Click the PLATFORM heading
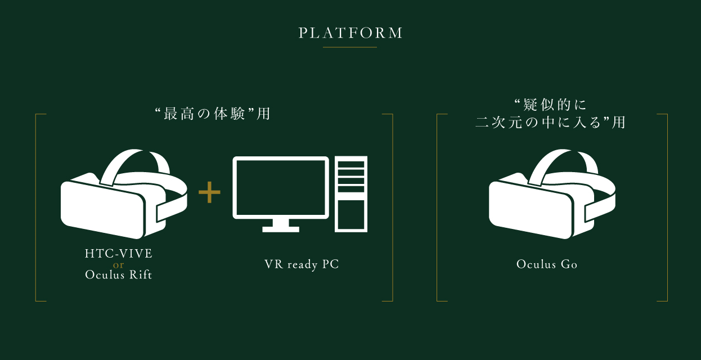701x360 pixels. coord(350,33)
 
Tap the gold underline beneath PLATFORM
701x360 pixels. coord(350,47)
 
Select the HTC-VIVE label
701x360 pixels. coord(119,254)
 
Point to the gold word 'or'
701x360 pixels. coord(119,264)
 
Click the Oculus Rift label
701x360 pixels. coord(119,275)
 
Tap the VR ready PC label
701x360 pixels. coord(302,264)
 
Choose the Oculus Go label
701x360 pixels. coord(547,264)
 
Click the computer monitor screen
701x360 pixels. coord(281,188)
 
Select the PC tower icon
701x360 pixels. coord(351,193)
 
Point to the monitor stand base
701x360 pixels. coord(281,228)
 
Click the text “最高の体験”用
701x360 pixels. coord(213,114)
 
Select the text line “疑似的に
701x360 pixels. coord(551,104)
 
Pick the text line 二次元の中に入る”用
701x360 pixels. coord(551,122)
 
